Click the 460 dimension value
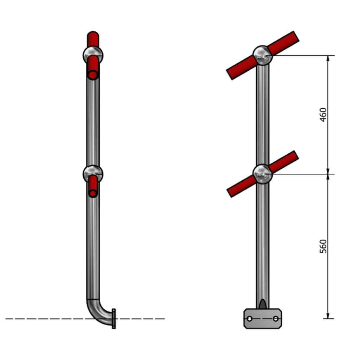tap(323, 115)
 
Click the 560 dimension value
tap(323, 246)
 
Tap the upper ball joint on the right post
tap(262, 55)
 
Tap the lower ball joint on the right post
tap(262, 174)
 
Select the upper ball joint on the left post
tap(93, 55)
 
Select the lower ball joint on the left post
tap(93, 173)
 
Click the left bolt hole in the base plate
tap(249, 319)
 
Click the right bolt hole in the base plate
tap(276, 319)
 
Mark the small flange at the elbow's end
tap(114, 319)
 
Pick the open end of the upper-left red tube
tap(93, 75)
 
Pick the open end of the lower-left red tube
tap(93, 193)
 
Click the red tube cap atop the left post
tap(93, 37)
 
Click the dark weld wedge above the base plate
tap(262, 304)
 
